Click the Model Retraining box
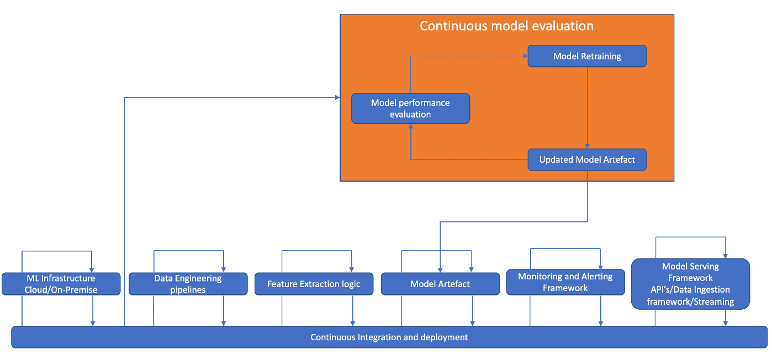click(x=587, y=56)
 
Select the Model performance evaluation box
click(x=410, y=108)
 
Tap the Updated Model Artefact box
click(x=587, y=160)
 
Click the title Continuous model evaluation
click(x=506, y=26)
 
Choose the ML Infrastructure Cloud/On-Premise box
click(x=61, y=284)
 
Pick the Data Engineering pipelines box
click(x=188, y=284)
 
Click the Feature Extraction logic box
click(x=314, y=284)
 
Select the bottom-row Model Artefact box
click(x=440, y=284)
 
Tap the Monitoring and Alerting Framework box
click(x=565, y=282)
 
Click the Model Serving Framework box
click(x=690, y=284)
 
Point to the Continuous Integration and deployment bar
click(x=389, y=337)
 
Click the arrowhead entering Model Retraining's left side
click(x=526, y=56)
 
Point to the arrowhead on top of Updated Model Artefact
click(x=587, y=146)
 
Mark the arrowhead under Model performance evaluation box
click(x=411, y=126)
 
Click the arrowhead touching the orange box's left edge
click(x=338, y=98)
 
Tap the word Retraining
click(x=601, y=56)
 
